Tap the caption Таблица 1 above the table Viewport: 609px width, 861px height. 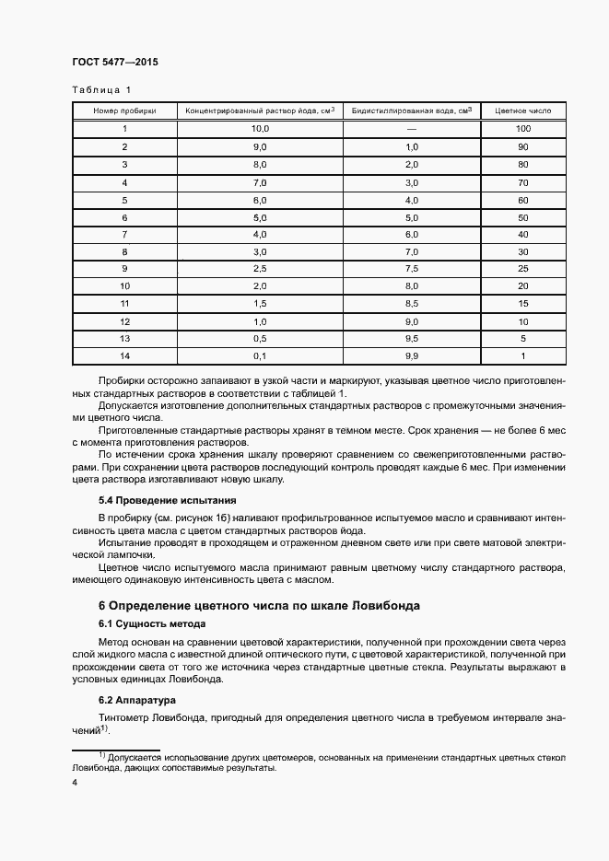101,90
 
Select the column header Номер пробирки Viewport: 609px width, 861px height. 124,111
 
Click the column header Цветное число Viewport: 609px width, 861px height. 523,111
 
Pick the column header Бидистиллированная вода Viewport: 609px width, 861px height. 411,111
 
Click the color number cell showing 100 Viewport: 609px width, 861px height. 523,129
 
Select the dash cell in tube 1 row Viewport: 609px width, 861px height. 411,129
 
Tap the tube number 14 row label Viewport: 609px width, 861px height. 124,355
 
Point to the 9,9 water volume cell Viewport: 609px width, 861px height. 411,355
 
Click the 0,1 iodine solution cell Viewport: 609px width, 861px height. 260,355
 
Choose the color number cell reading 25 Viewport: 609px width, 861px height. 523,268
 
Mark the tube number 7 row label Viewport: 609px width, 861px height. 124,234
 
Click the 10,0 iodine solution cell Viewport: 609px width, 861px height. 260,129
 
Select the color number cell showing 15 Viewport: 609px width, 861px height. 523,303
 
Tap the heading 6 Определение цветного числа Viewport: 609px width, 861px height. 259,606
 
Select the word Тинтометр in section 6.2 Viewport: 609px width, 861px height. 127,716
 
